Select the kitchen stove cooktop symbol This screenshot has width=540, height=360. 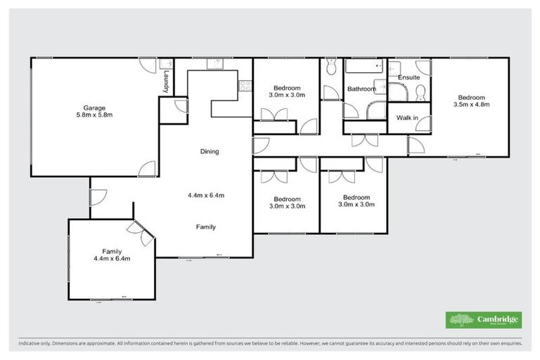(245, 86)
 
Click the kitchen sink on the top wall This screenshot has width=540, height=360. (214, 65)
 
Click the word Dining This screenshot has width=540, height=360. (210, 151)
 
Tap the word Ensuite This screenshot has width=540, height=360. (409, 77)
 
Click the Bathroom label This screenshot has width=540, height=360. (359, 89)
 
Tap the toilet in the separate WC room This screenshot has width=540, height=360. (332, 66)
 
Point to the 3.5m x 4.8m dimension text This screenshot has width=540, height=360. (470, 105)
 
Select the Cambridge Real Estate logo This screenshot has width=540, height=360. (484, 320)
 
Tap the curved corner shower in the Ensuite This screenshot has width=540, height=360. (397, 92)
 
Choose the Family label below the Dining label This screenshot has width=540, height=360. (205, 227)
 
